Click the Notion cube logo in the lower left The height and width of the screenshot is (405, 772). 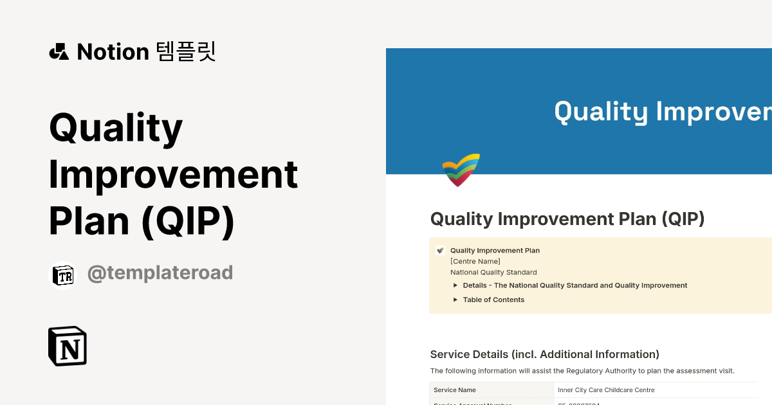pos(68,346)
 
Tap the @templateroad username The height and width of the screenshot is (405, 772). pos(160,273)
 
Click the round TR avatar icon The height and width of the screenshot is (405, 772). pos(64,276)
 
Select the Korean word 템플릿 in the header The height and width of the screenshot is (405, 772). pos(186,51)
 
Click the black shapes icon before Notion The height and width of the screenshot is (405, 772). pos(59,51)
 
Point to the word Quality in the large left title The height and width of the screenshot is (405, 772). pos(116,127)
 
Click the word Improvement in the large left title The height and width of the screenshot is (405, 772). pos(174,174)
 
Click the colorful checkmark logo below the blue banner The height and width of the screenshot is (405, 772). pos(461,170)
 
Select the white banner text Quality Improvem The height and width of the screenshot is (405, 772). pos(663,111)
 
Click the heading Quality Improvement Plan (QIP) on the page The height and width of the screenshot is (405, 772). pos(567,219)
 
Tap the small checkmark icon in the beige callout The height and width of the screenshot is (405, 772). pos(440,251)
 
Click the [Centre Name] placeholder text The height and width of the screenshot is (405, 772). pos(475,261)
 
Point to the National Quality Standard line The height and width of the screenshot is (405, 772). pos(493,272)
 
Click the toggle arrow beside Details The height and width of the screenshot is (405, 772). pos(455,285)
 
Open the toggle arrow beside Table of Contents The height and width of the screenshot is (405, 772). pos(455,300)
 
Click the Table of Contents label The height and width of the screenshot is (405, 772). pos(493,300)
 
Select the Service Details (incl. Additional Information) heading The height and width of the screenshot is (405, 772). pos(544,354)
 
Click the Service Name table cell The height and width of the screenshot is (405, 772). pos(455,390)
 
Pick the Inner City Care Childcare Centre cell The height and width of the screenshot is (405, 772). pos(606,390)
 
